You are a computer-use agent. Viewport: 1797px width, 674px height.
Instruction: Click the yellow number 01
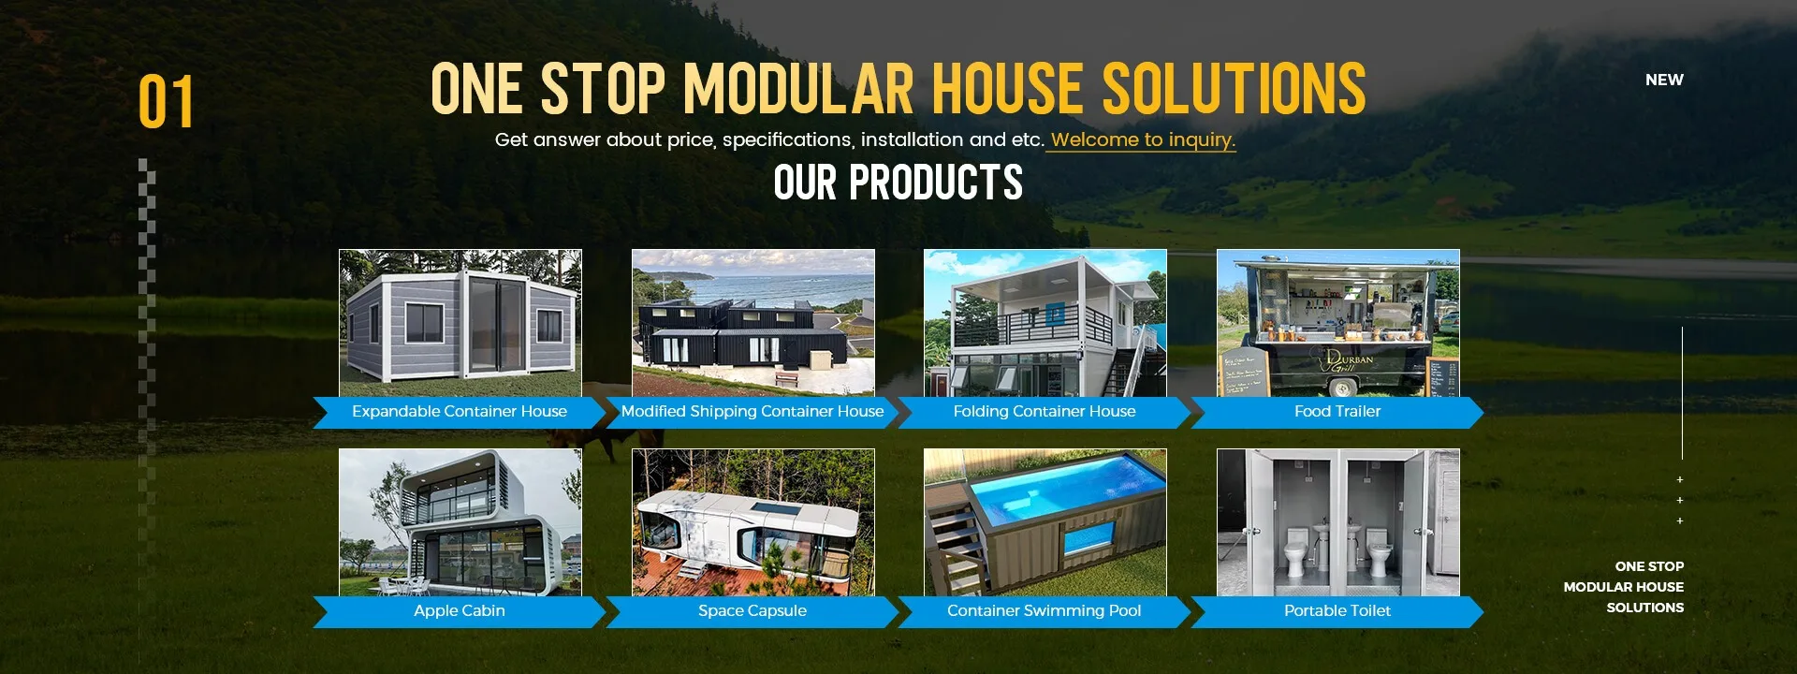click(166, 102)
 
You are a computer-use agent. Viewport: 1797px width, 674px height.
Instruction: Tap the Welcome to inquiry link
click(1142, 140)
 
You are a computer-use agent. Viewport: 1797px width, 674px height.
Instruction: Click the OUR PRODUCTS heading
click(898, 183)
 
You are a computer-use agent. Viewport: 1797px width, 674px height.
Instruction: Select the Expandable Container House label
click(460, 412)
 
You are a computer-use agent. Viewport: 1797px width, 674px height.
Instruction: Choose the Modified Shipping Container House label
click(752, 412)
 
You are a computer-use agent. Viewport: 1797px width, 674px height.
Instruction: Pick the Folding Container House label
click(1045, 412)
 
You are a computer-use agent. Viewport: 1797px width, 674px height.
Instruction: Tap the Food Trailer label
click(1337, 412)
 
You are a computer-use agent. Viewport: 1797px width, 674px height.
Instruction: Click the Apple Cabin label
click(460, 611)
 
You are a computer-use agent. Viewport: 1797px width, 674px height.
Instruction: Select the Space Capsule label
click(752, 611)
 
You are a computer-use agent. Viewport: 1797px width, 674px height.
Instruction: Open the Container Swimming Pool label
click(1045, 611)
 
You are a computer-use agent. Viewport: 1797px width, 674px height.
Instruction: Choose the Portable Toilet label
click(1337, 611)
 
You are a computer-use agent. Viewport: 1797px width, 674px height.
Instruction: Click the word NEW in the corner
click(1664, 81)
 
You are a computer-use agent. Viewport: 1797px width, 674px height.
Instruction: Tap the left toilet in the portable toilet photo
click(1295, 552)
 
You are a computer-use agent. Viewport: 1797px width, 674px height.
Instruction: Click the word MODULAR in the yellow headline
click(799, 90)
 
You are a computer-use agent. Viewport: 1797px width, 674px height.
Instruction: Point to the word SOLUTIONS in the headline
click(1234, 90)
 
